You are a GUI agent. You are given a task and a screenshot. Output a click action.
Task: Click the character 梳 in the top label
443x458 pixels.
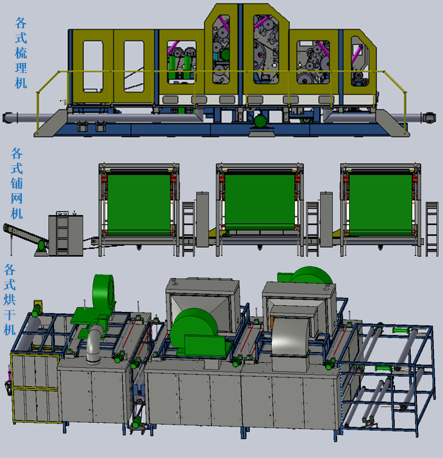(21, 53)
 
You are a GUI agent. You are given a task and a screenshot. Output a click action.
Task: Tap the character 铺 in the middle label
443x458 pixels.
(16, 184)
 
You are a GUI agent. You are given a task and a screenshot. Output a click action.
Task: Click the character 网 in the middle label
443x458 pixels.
(16, 198)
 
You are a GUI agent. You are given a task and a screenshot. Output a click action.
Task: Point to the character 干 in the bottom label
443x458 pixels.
(9, 314)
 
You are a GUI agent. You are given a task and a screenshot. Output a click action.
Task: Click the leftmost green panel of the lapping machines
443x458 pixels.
(139, 204)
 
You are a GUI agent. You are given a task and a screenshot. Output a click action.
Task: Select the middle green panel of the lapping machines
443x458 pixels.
(260, 202)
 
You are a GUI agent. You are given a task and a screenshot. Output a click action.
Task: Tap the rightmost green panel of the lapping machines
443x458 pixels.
(381, 204)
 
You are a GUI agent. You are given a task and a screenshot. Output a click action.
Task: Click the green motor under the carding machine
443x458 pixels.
(261, 121)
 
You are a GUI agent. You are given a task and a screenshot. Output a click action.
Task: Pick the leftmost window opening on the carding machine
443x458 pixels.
(93, 66)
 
